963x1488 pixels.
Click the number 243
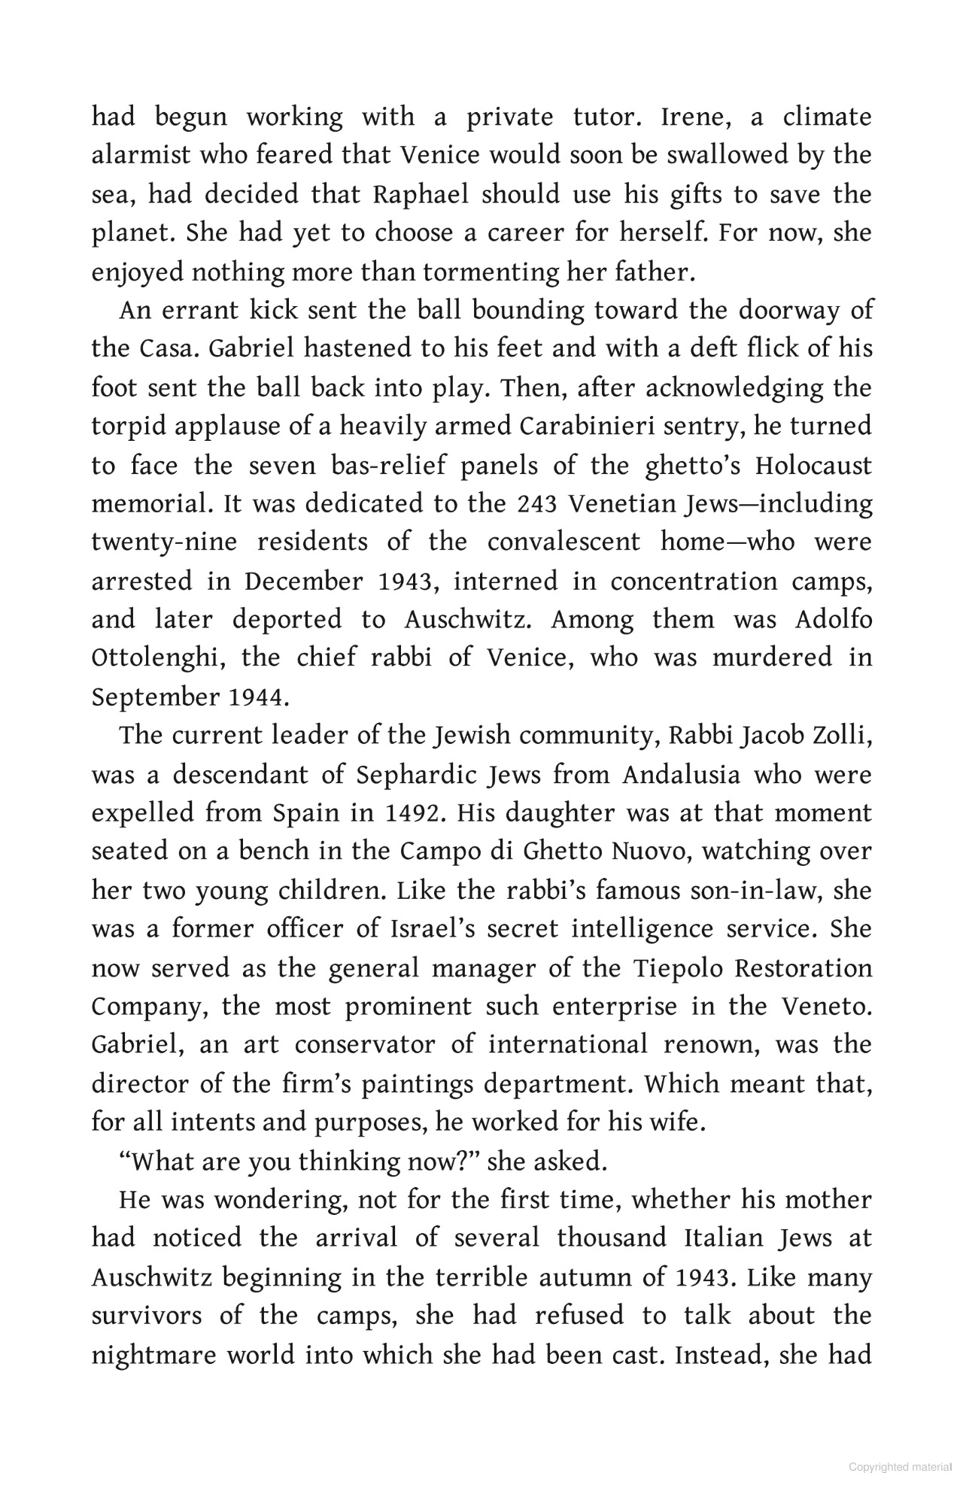coord(536,504)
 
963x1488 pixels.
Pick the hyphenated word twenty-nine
coord(172,542)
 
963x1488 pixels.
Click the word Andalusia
coord(682,775)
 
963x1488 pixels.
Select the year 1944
coord(256,697)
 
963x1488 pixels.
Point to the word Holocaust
coord(813,466)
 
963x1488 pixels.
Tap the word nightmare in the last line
coord(159,1355)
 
